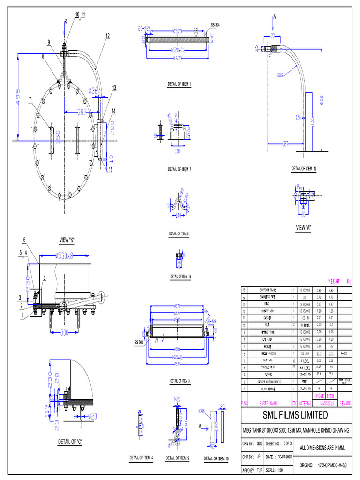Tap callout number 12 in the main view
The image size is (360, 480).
(108, 36)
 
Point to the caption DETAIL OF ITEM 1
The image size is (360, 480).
(180, 84)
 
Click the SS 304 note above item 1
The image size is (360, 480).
(215, 24)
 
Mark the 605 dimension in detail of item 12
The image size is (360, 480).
(322, 103)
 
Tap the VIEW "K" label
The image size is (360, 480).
(67, 240)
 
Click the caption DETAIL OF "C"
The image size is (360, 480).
(70, 441)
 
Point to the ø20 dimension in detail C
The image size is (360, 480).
(92, 416)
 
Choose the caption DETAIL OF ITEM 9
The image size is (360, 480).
(178, 458)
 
